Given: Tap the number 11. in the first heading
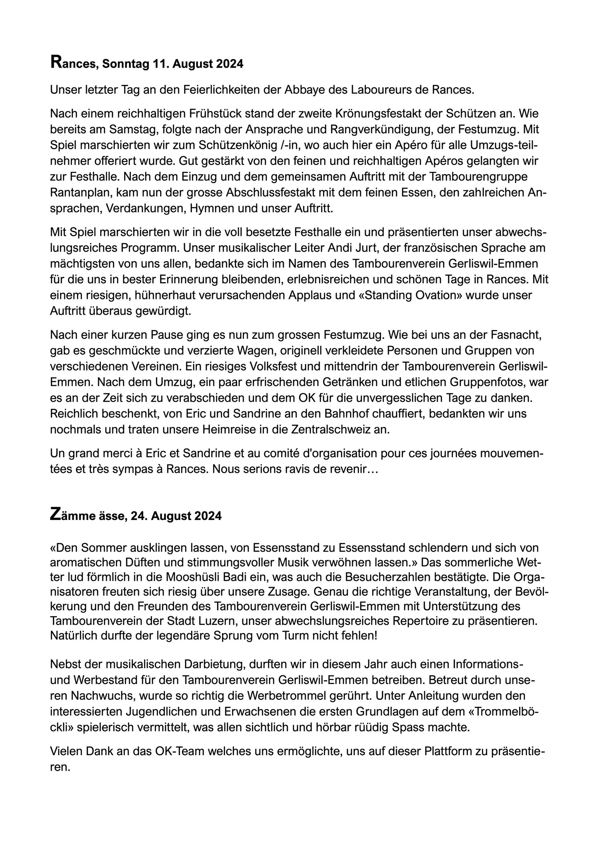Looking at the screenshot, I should pyautogui.click(x=161, y=64).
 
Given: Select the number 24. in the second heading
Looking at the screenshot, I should pyautogui.click(x=139, y=516).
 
